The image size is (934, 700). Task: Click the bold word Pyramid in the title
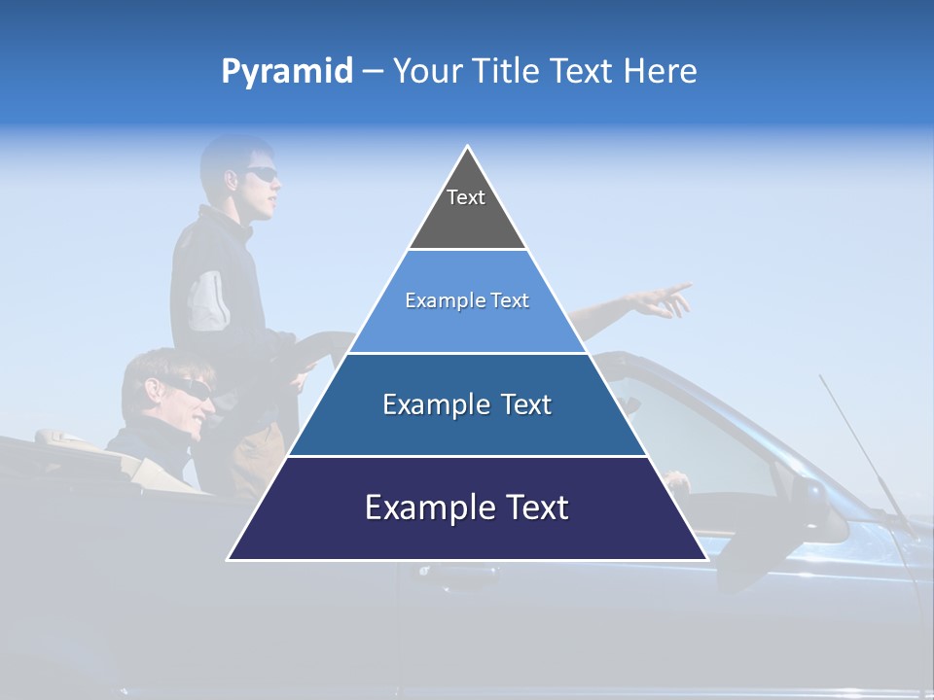tap(286, 72)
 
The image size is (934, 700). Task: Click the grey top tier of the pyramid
tap(467, 219)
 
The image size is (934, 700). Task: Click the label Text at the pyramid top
tap(466, 197)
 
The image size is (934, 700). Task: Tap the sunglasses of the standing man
tap(261, 174)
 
